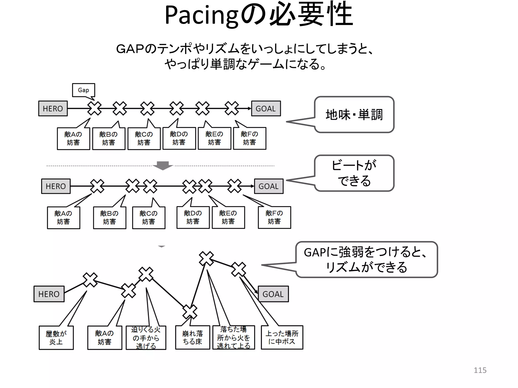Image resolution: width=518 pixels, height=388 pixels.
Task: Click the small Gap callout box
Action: [x=83, y=90]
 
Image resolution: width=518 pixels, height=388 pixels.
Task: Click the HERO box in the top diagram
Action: [x=53, y=109]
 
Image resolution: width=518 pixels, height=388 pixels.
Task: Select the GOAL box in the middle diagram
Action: [x=268, y=186]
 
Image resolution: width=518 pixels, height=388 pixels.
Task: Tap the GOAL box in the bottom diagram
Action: [x=273, y=294]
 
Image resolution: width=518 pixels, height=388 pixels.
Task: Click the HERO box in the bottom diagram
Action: [x=49, y=294]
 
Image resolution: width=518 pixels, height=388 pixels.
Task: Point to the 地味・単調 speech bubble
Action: [x=354, y=115]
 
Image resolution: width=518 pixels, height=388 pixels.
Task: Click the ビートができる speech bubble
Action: [x=354, y=173]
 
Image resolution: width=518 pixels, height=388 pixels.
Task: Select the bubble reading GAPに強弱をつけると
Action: [x=366, y=260]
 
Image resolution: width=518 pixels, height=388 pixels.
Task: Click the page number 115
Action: [x=480, y=370]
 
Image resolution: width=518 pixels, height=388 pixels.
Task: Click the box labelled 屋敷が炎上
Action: [x=56, y=338]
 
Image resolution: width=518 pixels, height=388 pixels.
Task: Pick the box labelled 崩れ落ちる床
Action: [x=192, y=337]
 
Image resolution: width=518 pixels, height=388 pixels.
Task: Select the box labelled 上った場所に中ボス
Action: [x=282, y=337]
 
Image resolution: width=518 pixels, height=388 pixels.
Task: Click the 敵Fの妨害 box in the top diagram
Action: [x=249, y=138]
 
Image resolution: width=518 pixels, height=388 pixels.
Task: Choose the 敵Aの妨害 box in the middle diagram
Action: [x=63, y=218]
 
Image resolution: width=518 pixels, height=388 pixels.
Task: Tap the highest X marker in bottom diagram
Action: [x=206, y=258]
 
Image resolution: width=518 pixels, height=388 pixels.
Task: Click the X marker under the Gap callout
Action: [x=94, y=108]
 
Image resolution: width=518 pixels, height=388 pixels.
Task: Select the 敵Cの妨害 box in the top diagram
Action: [x=144, y=139]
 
